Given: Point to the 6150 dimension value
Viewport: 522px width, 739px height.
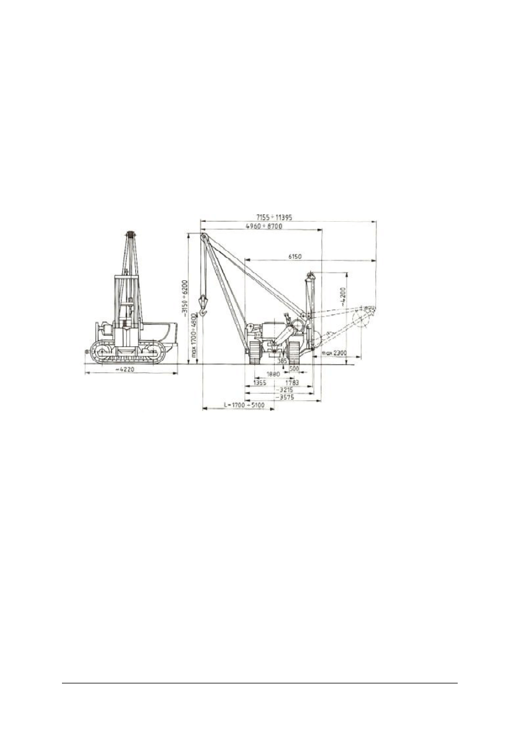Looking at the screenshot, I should [296, 256].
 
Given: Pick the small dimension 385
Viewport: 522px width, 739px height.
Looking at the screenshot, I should [282, 361].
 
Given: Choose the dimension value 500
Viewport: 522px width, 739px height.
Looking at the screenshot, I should [294, 369].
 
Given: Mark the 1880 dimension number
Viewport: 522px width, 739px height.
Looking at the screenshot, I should [272, 375].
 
